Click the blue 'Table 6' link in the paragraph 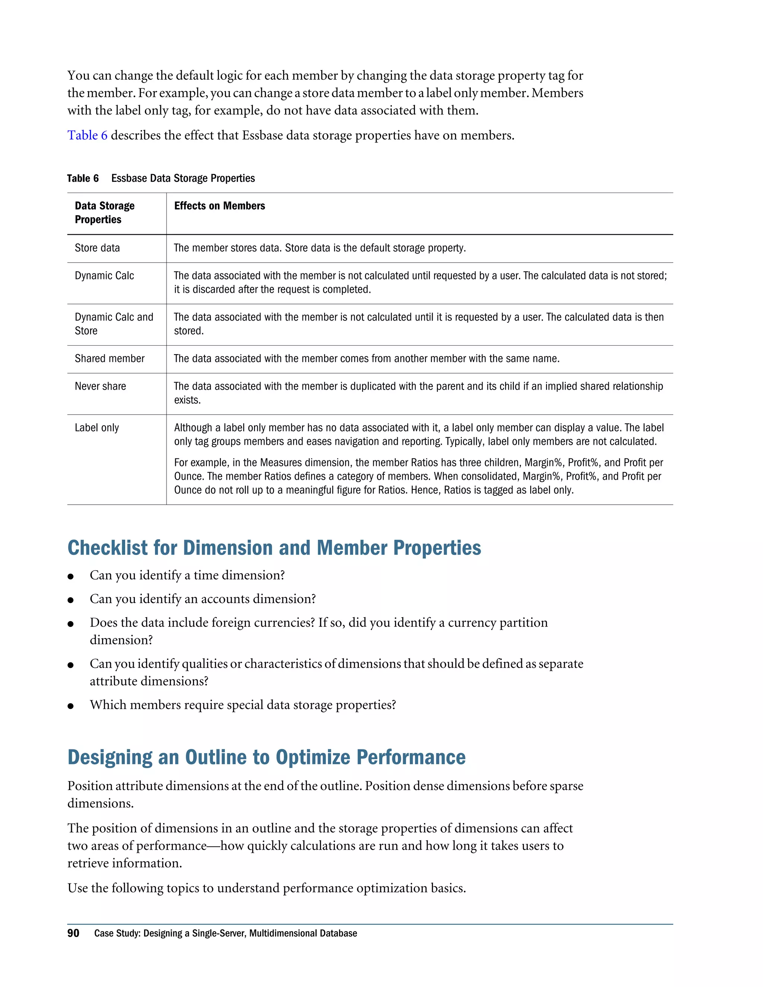click(x=87, y=135)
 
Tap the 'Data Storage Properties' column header click(x=104, y=212)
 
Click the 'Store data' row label click(x=97, y=248)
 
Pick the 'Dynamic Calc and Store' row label click(x=114, y=324)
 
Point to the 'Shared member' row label click(x=110, y=358)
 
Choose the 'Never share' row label click(x=100, y=386)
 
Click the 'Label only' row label click(x=97, y=428)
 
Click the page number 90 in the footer click(x=73, y=933)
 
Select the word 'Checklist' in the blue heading click(x=108, y=548)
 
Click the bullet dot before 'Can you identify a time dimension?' click(x=70, y=576)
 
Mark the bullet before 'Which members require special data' click(x=70, y=706)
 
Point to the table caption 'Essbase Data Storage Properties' click(x=183, y=178)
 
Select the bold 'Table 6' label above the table click(x=83, y=178)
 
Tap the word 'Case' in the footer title click(x=104, y=933)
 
